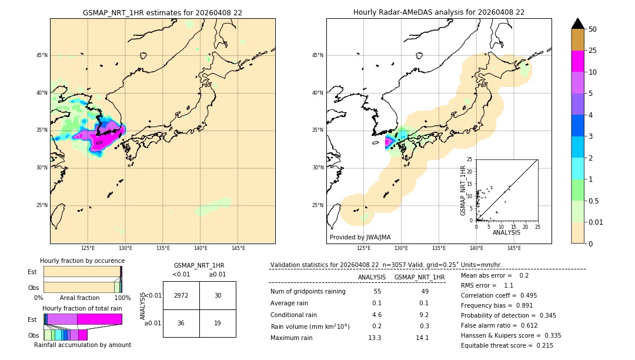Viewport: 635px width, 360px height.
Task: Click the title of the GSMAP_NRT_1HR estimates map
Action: [x=162, y=12]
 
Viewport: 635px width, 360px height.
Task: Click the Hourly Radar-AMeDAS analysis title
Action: [x=439, y=12]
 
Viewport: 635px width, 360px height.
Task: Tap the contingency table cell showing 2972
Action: [x=181, y=295]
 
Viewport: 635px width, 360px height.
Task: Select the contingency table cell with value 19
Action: [x=218, y=323]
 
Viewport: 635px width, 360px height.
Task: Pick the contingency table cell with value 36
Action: [x=181, y=323]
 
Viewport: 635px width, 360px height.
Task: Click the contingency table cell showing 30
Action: [x=218, y=295]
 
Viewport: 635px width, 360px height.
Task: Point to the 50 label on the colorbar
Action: [x=593, y=29]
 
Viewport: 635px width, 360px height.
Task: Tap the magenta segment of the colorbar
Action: [x=577, y=61]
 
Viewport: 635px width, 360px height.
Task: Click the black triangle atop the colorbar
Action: [x=577, y=24]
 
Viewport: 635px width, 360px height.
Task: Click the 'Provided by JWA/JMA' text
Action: [x=360, y=238]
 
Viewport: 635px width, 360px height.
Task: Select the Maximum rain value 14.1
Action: [x=423, y=338]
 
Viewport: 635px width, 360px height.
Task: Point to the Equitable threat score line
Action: [x=507, y=345]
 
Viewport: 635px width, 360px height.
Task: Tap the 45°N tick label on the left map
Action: [x=42, y=55]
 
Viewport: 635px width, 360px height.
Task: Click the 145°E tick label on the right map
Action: [x=514, y=248]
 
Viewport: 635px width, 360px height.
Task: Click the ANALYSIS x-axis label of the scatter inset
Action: [x=506, y=232]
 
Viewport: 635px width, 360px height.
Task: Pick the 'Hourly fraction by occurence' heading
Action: [x=82, y=261]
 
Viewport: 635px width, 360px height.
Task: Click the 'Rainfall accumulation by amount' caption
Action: [x=82, y=345]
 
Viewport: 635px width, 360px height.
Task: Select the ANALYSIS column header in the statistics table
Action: [x=372, y=277]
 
